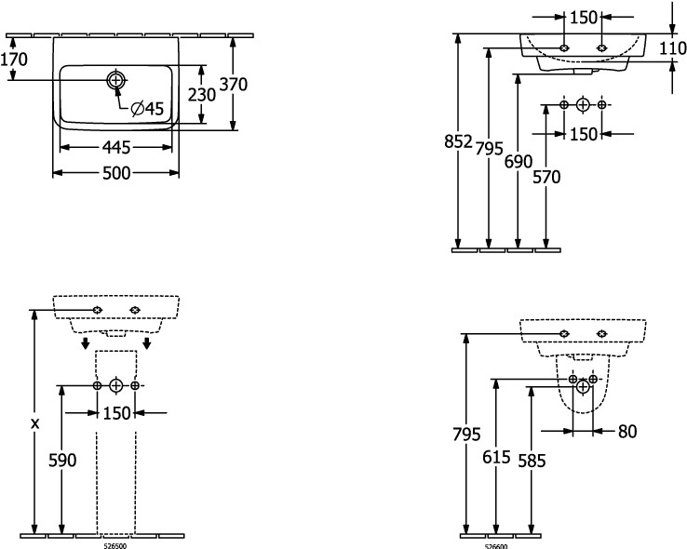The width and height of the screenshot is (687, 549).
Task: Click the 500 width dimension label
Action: [x=116, y=173]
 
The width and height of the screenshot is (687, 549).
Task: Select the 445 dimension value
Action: [x=116, y=148]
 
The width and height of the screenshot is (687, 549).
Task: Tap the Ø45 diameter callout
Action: [x=147, y=110]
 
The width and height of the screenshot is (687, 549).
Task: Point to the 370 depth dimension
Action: [x=235, y=85]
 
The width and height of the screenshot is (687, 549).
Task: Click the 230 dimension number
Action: [x=202, y=94]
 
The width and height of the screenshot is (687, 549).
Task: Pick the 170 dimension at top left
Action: [x=14, y=60]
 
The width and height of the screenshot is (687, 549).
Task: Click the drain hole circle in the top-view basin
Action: [x=115, y=81]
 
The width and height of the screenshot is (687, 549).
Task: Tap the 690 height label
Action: [x=519, y=162]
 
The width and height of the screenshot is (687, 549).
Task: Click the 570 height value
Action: [x=546, y=177]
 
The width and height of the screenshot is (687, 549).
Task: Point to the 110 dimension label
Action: [x=673, y=47]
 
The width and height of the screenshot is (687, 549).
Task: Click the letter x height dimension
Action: [x=35, y=423]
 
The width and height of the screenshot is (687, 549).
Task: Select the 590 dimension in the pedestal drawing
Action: [x=61, y=460]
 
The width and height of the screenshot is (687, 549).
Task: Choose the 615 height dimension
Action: [x=497, y=460]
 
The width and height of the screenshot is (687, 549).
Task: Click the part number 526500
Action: [x=114, y=545]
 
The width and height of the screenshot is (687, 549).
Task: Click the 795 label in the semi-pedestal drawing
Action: [x=467, y=435]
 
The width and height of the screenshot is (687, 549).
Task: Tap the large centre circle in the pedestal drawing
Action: [x=116, y=384]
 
